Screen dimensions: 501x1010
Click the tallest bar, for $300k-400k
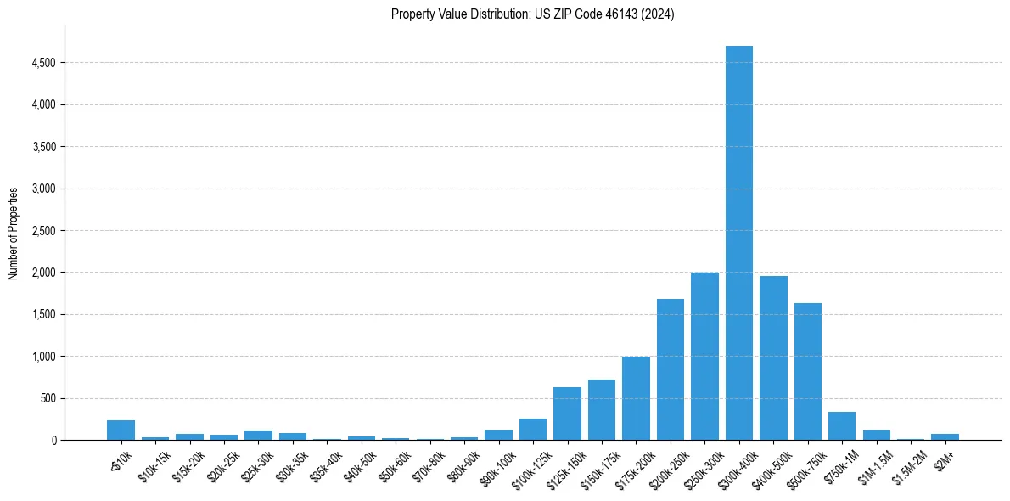tap(738, 243)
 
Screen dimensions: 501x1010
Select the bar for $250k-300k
tap(704, 357)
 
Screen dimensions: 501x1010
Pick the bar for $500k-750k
tap(807, 372)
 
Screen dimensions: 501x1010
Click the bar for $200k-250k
tap(670, 369)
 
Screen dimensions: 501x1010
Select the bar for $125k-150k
tap(567, 414)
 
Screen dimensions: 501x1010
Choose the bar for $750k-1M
tap(842, 426)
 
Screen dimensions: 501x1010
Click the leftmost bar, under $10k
tap(121, 431)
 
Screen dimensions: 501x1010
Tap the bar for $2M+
tap(945, 436)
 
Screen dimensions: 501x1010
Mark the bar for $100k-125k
tap(533, 430)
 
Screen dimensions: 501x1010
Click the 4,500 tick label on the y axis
tap(43, 63)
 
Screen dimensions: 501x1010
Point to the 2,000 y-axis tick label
tap(43, 273)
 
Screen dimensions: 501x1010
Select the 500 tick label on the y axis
tap(48, 398)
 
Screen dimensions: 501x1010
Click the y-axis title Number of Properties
tap(14, 233)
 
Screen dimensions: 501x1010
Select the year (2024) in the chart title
tap(658, 14)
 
